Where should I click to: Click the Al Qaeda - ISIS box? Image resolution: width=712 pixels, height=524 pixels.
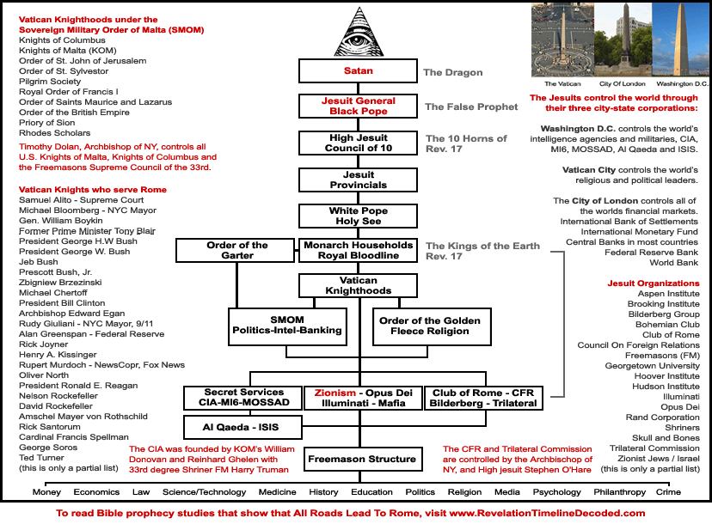tap(242, 426)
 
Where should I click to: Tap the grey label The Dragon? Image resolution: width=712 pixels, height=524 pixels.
tap(452, 72)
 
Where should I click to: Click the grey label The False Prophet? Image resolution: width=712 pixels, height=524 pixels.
tap(471, 107)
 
